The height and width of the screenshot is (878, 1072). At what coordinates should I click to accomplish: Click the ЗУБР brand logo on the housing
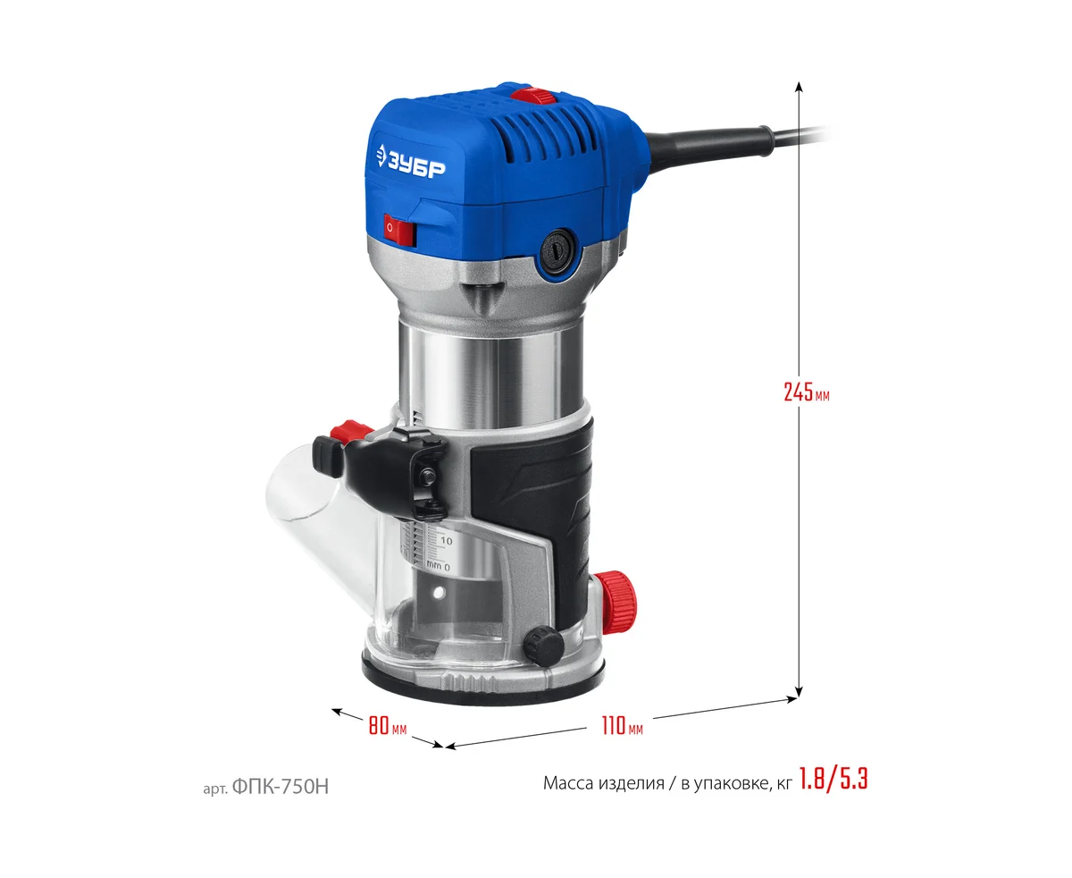[x=410, y=161]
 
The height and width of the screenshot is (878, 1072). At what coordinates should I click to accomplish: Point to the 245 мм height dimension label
[x=806, y=393]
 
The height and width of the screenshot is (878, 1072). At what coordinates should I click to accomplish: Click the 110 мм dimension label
[x=622, y=725]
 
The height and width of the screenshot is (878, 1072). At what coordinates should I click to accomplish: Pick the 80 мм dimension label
[x=388, y=725]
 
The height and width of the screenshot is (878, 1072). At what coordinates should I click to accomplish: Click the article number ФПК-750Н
[x=281, y=787]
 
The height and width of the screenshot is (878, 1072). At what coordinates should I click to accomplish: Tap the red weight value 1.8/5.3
[x=833, y=779]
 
